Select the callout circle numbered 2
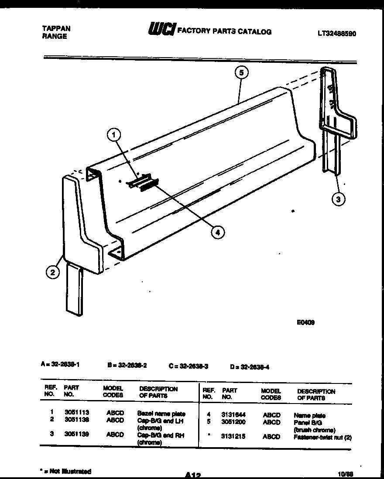pyautogui.click(x=53, y=273)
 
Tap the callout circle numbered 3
pyautogui.click(x=337, y=199)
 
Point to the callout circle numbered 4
pyautogui.click(x=216, y=233)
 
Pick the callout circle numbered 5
pyautogui.click(x=241, y=72)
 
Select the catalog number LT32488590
pyautogui.click(x=336, y=33)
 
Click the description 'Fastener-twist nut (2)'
pyautogui.click(x=322, y=436)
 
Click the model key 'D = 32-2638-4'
pyautogui.click(x=250, y=367)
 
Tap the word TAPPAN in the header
pyautogui.click(x=56, y=28)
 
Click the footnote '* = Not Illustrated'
pyautogui.click(x=65, y=471)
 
